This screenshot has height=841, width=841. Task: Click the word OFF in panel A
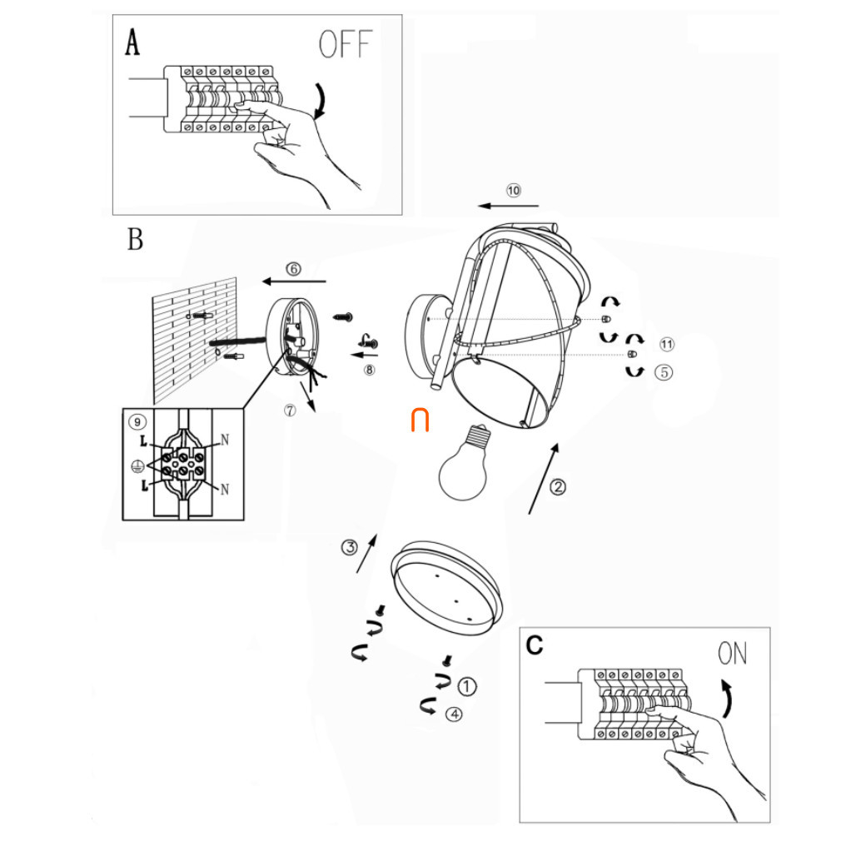point(346,44)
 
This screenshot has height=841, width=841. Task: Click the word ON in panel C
point(732,654)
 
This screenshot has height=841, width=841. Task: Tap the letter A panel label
point(132,42)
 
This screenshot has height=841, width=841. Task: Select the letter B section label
point(135,239)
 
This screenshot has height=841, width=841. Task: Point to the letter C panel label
point(535,645)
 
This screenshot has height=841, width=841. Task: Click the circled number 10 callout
point(513,191)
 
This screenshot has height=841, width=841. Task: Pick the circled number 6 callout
point(293,269)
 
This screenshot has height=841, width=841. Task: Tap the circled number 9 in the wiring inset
point(137,422)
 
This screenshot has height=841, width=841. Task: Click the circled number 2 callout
point(558,487)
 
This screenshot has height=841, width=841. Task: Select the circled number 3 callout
point(349,548)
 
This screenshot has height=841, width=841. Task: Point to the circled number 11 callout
point(667,345)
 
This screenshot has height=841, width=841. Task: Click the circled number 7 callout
point(290,411)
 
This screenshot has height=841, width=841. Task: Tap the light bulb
point(465,462)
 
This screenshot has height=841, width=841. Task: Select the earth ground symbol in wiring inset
point(137,466)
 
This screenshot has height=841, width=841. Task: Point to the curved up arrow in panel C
point(726,699)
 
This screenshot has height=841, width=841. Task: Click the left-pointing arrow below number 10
point(509,206)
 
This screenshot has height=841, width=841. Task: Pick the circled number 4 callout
point(454,714)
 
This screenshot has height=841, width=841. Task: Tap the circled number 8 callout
point(369,370)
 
